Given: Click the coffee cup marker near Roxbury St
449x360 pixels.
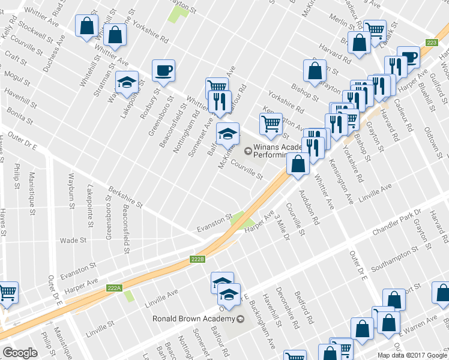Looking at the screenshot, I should point(163,71).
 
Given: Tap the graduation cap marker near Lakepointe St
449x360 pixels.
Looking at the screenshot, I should point(127,82).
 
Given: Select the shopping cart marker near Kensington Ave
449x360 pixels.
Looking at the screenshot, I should point(271,123).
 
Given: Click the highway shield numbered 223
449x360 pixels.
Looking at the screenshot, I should point(431,43).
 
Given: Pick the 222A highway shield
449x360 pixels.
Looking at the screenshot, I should point(115,288).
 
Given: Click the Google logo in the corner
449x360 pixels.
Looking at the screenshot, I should point(20,352).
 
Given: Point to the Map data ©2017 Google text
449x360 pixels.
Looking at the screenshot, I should point(412,355).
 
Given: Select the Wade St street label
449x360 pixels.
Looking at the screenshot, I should point(74,240).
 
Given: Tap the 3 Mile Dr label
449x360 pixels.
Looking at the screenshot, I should point(281,229).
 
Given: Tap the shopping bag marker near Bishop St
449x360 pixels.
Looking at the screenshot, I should point(315,71).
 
